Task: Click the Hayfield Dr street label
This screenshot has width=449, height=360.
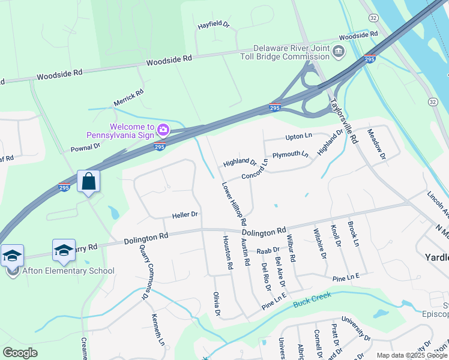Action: [214, 26]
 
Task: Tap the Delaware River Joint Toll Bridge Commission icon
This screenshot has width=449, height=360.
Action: [338, 52]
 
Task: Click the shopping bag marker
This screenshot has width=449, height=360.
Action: [88, 181]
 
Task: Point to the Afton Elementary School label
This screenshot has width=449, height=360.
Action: [68, 271]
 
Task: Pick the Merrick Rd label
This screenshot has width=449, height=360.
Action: [128, 98]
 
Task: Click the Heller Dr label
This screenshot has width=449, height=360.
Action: [185, 214]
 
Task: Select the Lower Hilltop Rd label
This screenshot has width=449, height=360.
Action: [234, 204]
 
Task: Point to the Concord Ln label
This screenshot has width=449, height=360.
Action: [255, 175]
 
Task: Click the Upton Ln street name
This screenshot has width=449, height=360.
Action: [299, 137]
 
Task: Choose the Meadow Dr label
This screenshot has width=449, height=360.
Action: [377, 145]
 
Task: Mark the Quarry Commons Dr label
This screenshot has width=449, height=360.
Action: [143, 271]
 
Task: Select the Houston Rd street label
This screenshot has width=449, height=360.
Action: [228, 251]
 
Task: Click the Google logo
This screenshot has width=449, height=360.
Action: [20, 353]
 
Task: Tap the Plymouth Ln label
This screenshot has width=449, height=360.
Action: [290, 155]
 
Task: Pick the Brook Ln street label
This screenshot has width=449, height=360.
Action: [354, 235]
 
